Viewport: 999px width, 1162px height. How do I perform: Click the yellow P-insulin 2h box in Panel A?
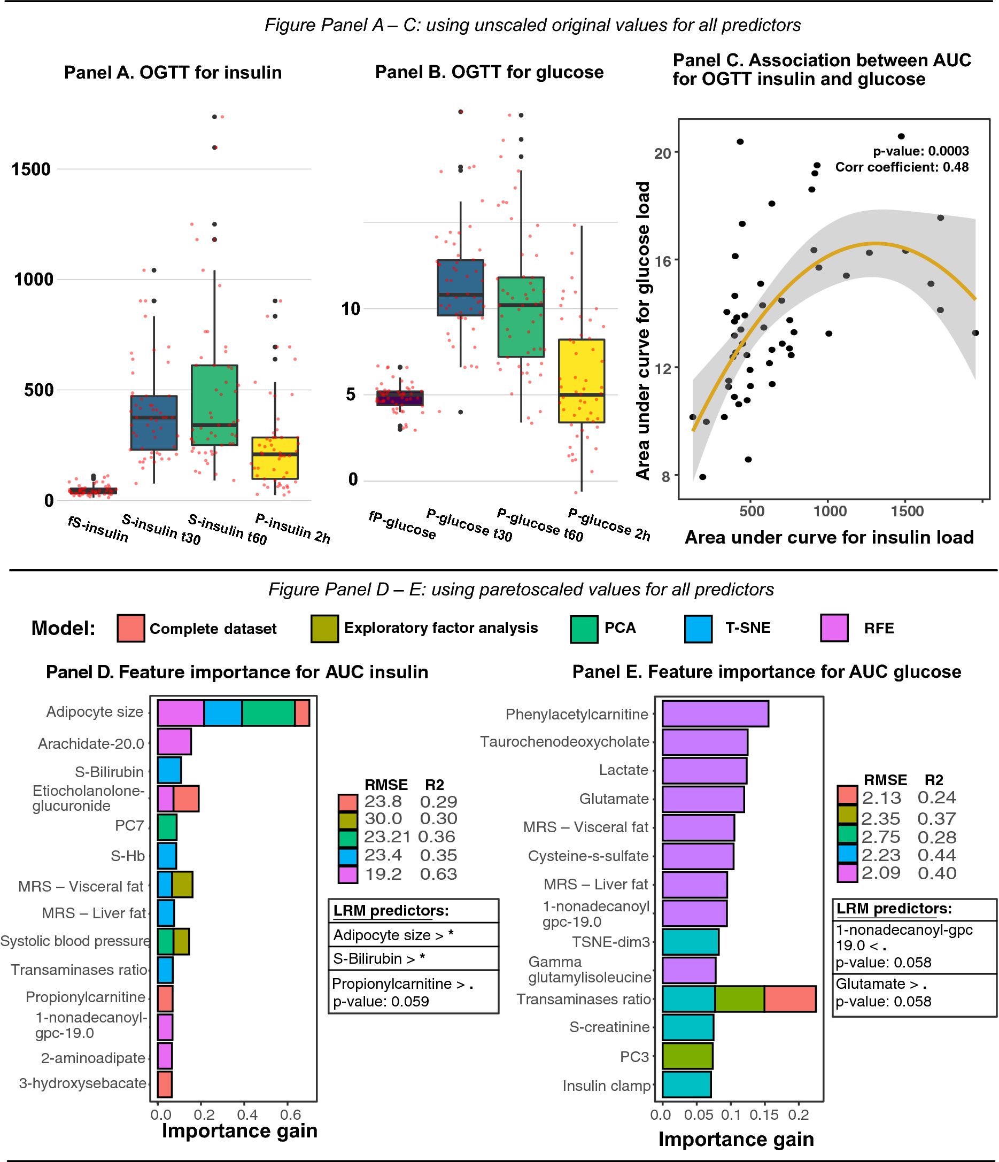274,458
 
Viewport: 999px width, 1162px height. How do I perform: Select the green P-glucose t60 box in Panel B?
521,317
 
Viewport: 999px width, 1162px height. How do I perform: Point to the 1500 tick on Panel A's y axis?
31,169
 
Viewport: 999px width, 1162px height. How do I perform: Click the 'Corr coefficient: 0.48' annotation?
901,167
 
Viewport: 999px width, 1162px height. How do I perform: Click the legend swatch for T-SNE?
698,629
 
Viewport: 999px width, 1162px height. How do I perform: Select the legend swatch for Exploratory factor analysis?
324,629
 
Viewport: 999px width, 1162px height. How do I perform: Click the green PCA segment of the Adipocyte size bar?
268,713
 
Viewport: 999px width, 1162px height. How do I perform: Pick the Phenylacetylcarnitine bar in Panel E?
715,714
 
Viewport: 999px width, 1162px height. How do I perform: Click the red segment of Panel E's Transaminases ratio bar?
789,999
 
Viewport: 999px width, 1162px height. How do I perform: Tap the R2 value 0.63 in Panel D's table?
438,874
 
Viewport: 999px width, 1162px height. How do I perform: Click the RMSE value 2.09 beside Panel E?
881,873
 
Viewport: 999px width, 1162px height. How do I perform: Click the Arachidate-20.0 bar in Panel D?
174,741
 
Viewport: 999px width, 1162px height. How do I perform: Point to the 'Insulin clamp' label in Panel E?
606,1086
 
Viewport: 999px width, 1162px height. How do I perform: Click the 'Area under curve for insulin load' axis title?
828,537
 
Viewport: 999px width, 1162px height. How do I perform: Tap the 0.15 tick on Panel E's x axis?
763,1115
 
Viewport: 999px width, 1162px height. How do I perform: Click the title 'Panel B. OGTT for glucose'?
489,72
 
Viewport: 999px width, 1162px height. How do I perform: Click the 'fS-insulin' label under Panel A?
98,529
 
